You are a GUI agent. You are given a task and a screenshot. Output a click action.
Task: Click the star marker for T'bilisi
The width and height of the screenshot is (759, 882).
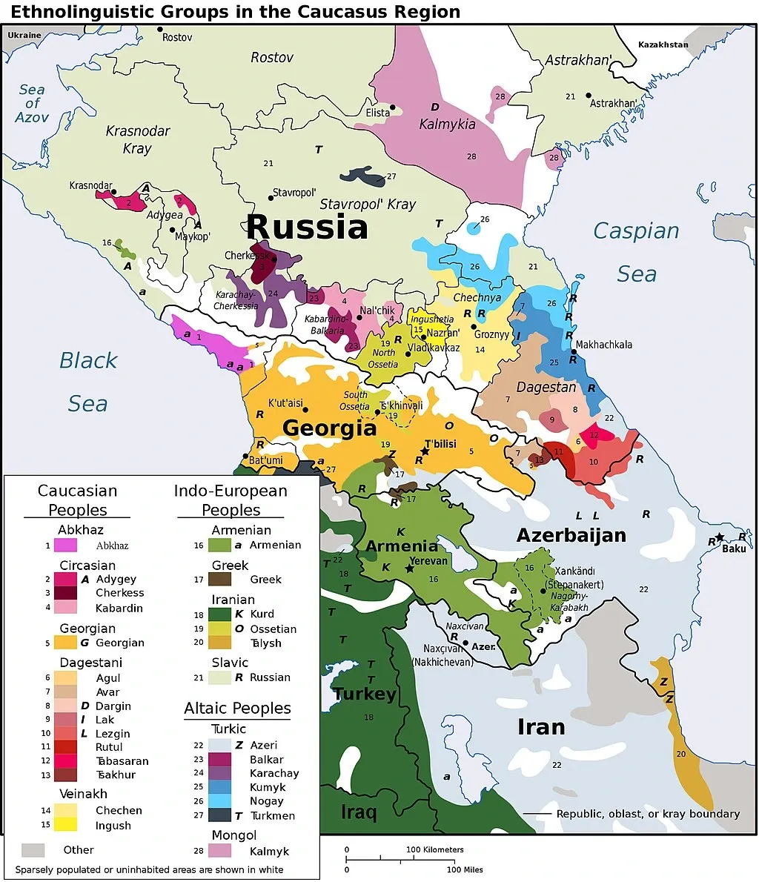(425, 451)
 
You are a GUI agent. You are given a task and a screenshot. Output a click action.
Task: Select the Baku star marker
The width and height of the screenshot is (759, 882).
(719, 537)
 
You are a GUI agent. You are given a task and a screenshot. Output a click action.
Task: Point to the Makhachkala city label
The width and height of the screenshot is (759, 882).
(603, 345)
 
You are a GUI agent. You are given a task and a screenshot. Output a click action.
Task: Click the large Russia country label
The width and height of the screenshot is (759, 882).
(306, 227)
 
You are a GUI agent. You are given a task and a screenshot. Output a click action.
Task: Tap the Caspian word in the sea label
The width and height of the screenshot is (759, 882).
(636, 231)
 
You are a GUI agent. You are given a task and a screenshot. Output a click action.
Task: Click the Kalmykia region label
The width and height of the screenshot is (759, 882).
(447, 125)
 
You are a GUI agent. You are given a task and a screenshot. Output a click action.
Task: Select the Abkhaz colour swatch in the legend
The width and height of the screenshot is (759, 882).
(65, 545)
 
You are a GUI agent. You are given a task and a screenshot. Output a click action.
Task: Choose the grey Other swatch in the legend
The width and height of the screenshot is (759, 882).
(33, 849)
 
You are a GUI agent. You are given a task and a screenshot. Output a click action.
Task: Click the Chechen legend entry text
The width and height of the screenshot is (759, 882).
(119, 811)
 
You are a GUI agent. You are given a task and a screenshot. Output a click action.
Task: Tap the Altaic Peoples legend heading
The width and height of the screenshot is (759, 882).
(237, 709)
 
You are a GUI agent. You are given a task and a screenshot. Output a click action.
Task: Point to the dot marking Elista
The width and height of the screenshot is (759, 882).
(393, 107)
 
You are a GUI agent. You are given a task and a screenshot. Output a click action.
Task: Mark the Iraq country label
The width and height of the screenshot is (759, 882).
(358, 812)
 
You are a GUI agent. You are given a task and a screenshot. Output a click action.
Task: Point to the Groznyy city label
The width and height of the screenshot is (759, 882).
(491, 334)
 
